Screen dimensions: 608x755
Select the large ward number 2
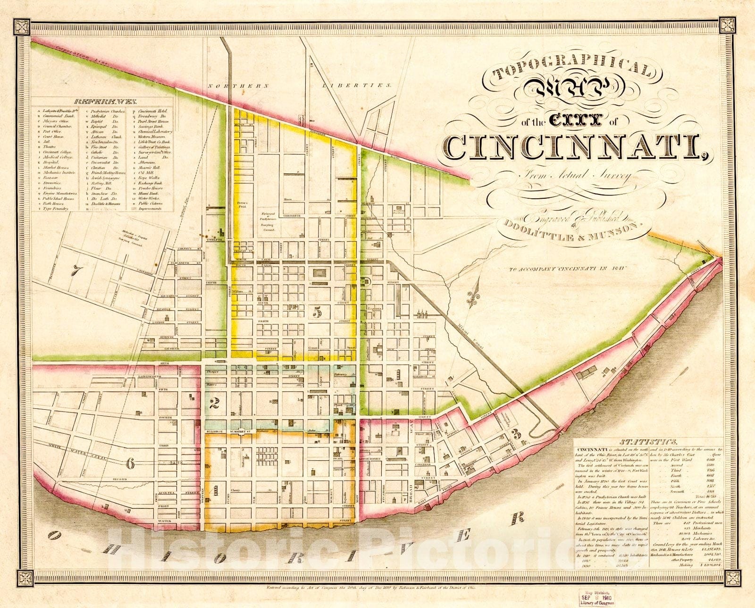pos(214,402)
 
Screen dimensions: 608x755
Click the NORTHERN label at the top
pos(238,86)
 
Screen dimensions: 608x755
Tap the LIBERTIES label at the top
pos(357,86)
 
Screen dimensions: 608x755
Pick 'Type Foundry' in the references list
pos(56,208)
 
